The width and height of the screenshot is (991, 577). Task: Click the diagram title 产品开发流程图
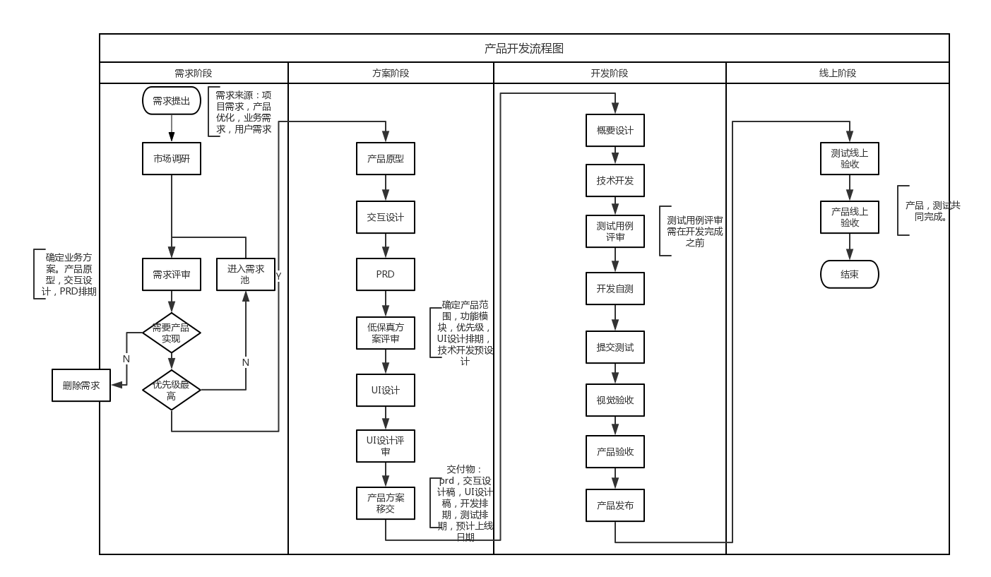click(x=524, y=48)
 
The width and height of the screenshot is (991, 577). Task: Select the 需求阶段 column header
click(x=194, y=73)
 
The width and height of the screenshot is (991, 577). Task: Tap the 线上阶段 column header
click(x=837, y=73)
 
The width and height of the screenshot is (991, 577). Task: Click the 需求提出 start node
click(x=172, y=101)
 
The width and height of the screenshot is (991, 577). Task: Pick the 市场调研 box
click(x=172, y=159)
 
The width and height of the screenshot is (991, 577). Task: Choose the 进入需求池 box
click(x=246, y=274)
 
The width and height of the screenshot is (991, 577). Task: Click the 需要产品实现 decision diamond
click(x=172, y=333)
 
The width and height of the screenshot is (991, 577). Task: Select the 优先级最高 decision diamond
click(x=172, y=390)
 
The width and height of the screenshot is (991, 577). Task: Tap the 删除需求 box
click(x=81, y=385)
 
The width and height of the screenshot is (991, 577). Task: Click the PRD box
click(x=386, y=274)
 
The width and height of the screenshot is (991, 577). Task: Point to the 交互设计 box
click(x=386, y=217)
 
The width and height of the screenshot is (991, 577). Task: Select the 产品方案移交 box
click(x=386, y=503)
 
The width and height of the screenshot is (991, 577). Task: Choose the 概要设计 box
click(x=615, y=130)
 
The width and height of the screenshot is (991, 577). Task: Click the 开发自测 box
click(x=615, y=288)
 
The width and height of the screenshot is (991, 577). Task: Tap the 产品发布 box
click(x=615, y=505)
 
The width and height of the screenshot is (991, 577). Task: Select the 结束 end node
click(x=850, y=274)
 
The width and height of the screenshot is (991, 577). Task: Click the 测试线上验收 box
click(x=850, y=158)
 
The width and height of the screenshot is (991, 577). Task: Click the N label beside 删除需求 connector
click(x=126, y=359)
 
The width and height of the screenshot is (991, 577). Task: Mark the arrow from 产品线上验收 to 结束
click(x=850, y=247)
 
